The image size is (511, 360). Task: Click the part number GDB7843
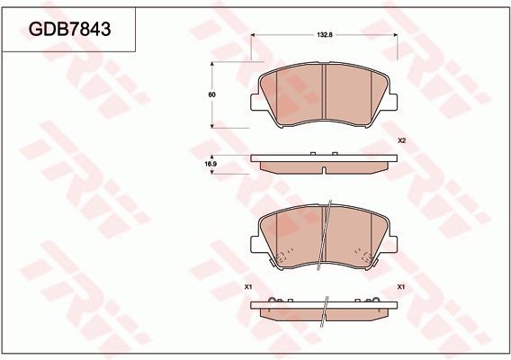coord(70,30)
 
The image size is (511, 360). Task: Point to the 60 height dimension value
coord(212,93)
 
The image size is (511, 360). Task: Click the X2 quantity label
coord(402,141)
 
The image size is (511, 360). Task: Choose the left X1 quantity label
coord(247,286)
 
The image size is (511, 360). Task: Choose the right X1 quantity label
coord(401,286)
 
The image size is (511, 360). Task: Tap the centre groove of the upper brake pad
coord(324,95)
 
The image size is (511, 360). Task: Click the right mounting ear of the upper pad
coord(392,100)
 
